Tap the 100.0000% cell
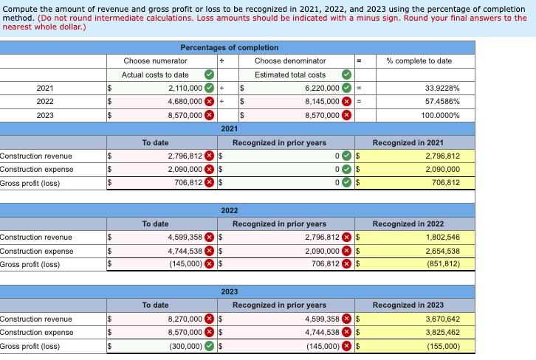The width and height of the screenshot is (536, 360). (441, 115)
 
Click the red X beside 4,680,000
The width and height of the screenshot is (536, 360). (209, 101)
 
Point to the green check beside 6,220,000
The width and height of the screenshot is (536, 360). (346, 88)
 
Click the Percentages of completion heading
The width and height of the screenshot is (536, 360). (230, 47)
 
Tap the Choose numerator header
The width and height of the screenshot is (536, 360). (155, 60)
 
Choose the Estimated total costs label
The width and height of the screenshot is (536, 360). (290, 75)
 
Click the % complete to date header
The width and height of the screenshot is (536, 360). (419, 60)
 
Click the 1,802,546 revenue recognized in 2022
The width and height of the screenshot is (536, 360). (443, 238)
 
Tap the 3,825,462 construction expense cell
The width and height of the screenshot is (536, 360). (443, 333)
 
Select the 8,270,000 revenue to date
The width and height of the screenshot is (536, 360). (185, 319)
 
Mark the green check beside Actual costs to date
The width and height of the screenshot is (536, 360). (209, 75)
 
